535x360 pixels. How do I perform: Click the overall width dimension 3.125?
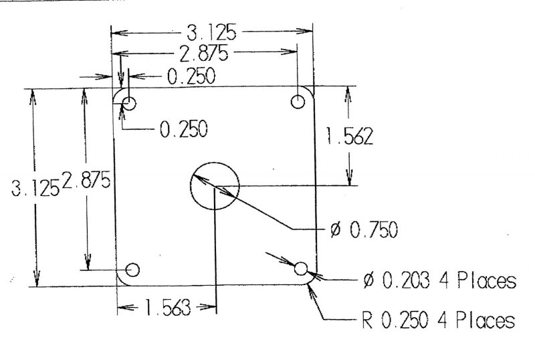[x=211, y=32]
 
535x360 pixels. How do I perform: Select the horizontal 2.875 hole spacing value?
[x=207, y=54]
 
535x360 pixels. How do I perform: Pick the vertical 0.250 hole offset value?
[x=183, y=128]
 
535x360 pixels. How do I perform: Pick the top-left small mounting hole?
[x=129, y=103]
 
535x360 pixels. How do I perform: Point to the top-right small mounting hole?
[x=298, y=102]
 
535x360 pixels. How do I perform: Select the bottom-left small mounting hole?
[x=132, y=270]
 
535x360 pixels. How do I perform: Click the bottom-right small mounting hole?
[x=301, y=269]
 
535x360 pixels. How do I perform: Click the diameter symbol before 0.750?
[x=336, y=231]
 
